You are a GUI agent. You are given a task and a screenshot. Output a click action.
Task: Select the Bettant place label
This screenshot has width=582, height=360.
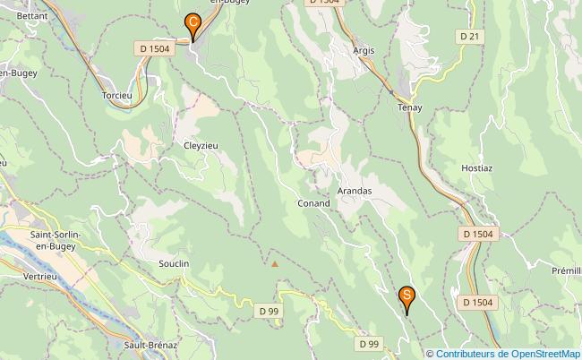pyautogui.click(x=32, y=16)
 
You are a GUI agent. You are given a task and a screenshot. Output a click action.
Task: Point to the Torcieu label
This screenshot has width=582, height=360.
pyautogui.click(x=118, y=95)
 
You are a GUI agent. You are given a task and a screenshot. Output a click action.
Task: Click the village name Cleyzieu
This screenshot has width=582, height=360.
pyautogui.click(x=201, y=145)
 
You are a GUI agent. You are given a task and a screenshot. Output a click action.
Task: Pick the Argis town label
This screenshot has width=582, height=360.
pyautogui.click(x=364, y=50)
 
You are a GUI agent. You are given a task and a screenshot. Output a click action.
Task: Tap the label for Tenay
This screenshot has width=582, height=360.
pyautogui.click(x=409, y=107)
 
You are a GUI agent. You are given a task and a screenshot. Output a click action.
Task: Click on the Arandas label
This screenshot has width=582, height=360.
pyautogui.click(x=355, y=191)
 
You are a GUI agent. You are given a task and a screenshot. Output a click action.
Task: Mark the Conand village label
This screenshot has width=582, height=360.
pyautogui.click(x=313, y=203)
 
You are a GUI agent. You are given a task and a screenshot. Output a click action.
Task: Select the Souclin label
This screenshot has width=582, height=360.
pyautogui.click(x=174, y=264)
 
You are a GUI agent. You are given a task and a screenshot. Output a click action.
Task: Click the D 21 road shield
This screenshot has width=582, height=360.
pyautogui.click(x=468, y=36)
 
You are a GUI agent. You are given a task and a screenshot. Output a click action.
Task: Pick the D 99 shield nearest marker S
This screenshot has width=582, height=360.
pyautogui.click(x=370, y=343)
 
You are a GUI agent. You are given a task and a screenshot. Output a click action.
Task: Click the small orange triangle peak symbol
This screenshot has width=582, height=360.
pyautogui.click(x=275, y=263)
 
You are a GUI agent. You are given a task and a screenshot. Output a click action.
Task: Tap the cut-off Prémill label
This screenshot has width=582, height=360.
pyautogui.click(x=566, y=270)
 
